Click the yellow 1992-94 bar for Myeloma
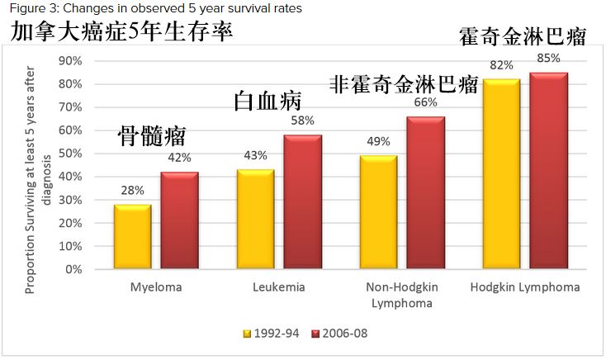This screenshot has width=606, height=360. click(x=133, y=237)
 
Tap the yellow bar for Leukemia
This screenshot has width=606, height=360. click(x=255, y=219)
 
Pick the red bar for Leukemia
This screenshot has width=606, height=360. click(x=302, y=202)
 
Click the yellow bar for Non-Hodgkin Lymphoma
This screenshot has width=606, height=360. click(x=378, y=212)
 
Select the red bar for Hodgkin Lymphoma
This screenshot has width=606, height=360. click(x=548, y=171)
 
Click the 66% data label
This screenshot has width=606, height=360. click(x=424, y=102)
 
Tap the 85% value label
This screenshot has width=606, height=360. click(x=548, y=59)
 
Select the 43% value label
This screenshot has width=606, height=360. click(x=255, y=156)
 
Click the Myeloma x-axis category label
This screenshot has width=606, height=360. click(x=155, y=287)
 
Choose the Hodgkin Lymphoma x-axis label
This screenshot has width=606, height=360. click(x=525, y=287)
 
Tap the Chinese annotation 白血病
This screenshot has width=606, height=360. click(x=267, y=101)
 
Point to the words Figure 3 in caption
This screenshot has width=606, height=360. click(x=25, y=8)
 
